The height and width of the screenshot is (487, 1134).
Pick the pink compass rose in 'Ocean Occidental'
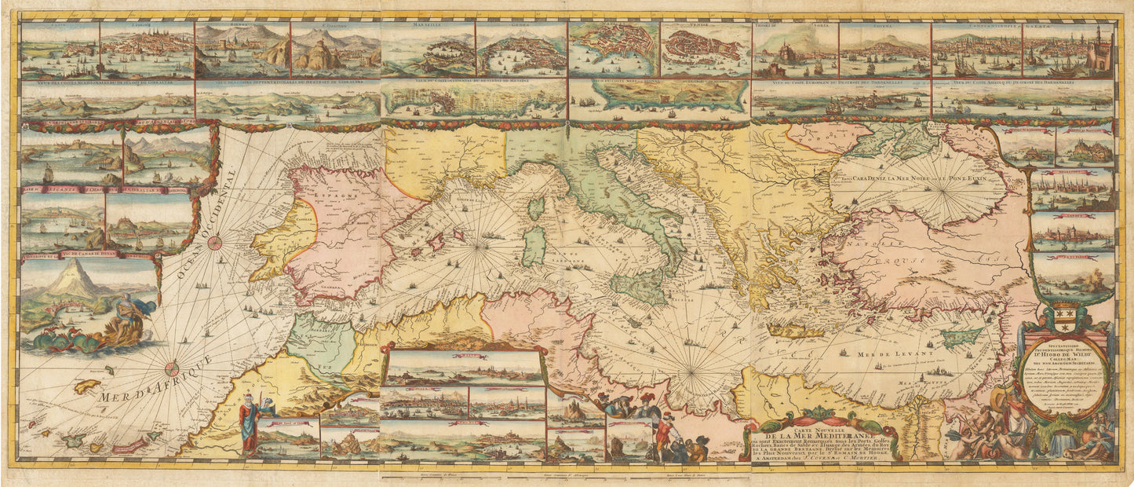pyautogui.click(x=213, y=243)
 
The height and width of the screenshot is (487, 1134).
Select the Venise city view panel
pyautogui.click(x=704, y=51)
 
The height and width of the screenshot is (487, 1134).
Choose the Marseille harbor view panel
pyautogui.click(x=428, y=51)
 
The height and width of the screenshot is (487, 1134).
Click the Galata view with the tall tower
pyautogui.click(x=1067, y=51)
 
